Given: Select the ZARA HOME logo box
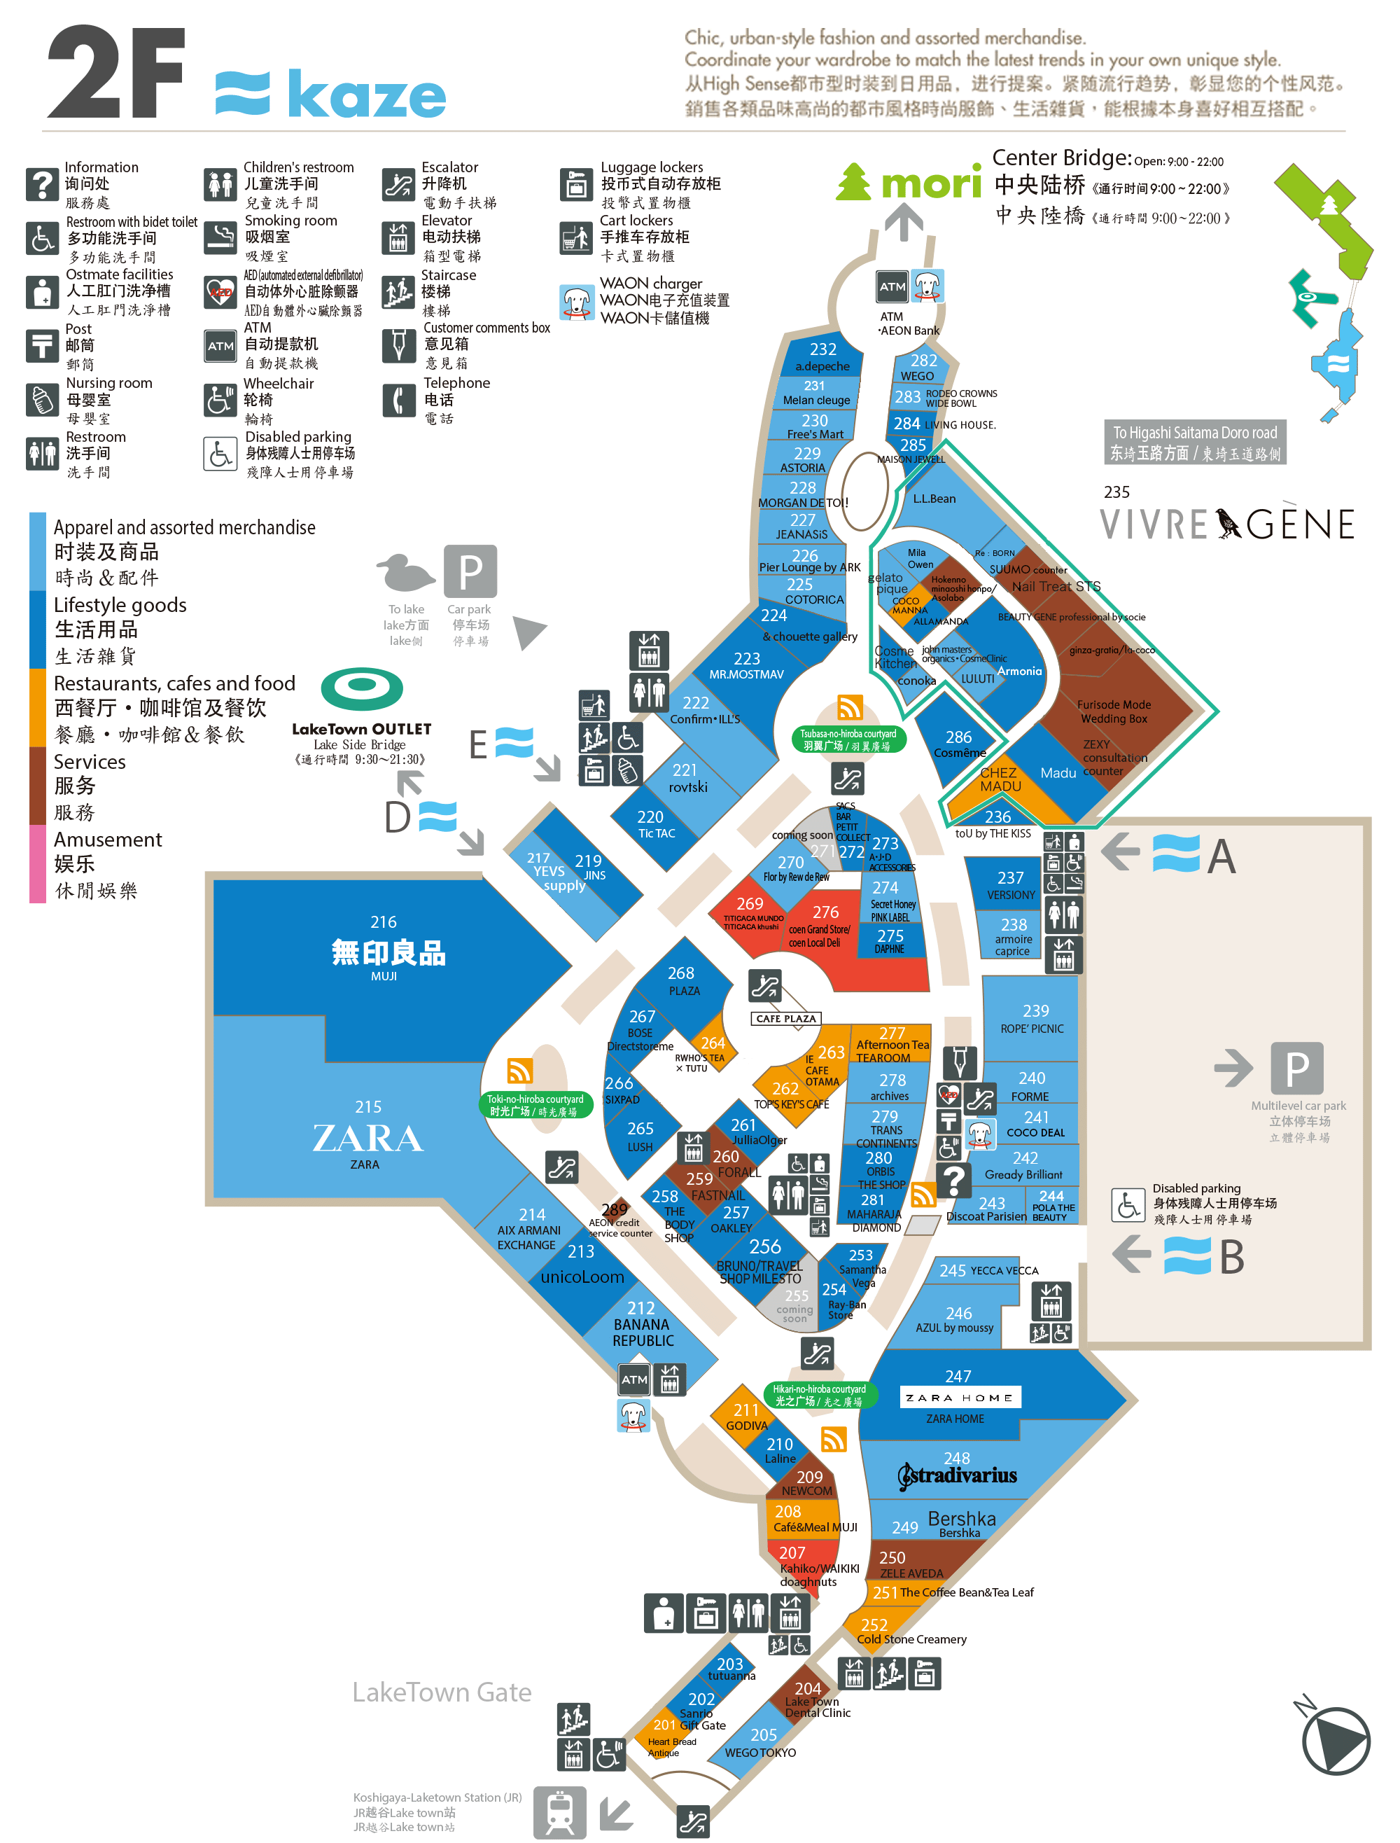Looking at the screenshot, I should pyautogui.click(x=959, y=1398).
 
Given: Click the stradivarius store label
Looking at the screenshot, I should pyautogui.click(x=958, y=1475).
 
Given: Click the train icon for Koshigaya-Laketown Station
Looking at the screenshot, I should pyautogui.click(x=559, y=1811).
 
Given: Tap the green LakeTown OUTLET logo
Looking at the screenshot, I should pyautogui.click(x=362, y=688).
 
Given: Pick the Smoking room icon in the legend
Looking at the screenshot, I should pyautogui.click(x=220, y=237).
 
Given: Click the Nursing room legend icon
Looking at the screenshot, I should pyautogui.click(x=42, y=400).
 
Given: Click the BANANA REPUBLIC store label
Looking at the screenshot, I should pyautogui.click(x=643, y=1326).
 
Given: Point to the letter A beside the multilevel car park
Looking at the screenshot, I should pyautogui.click(x=1221, y=856).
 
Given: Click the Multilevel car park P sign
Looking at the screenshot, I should pyautogui.click(x=1296, y=1068).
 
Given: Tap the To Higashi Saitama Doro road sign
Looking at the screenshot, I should pyautogui.click(x=1194, y=442).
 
